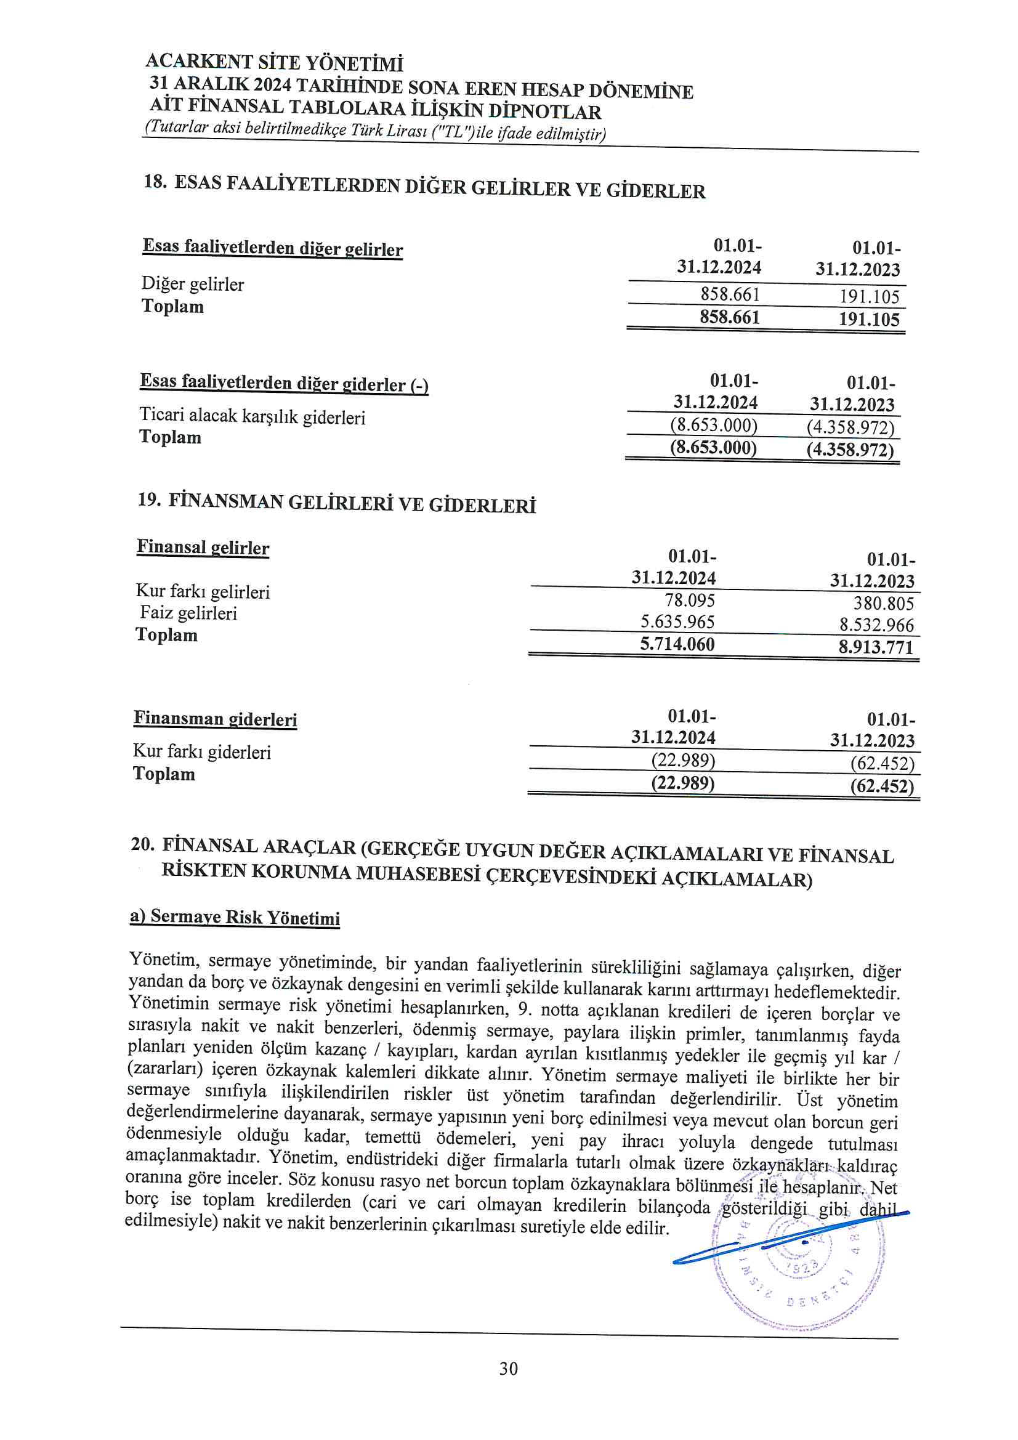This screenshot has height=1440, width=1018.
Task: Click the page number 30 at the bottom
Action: (x=508, y=1368)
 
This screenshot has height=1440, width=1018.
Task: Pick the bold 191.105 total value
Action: (x=869, y=319)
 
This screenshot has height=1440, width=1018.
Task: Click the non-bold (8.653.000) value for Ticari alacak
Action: (x=713, y=425)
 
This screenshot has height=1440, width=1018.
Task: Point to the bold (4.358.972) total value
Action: (x=850, y=450)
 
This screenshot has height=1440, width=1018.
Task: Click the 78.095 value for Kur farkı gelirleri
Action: (x=689, y=601)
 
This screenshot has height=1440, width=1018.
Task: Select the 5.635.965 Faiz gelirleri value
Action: (x=677, y=621)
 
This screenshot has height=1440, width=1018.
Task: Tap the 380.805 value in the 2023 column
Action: (x=883, y=604)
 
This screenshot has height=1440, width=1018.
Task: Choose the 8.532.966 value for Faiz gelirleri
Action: (x=876, y=625)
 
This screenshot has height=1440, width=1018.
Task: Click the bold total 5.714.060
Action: (x=677, y=644)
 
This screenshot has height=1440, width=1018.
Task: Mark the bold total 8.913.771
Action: (x=876, y=647)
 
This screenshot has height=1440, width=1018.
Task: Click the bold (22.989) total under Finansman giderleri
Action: (x=682, y=783)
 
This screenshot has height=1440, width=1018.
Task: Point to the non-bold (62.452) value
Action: (x=882, y=763)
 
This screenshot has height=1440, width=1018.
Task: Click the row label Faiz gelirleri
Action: (x=188, y=613)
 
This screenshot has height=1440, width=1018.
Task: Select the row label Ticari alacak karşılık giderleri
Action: (x=252, y=416)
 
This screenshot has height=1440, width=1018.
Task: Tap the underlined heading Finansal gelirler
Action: (x=203, y=548)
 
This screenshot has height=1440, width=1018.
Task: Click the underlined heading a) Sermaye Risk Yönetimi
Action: (x=235, y=917)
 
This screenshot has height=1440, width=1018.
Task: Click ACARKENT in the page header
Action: (x=199, y=61)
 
